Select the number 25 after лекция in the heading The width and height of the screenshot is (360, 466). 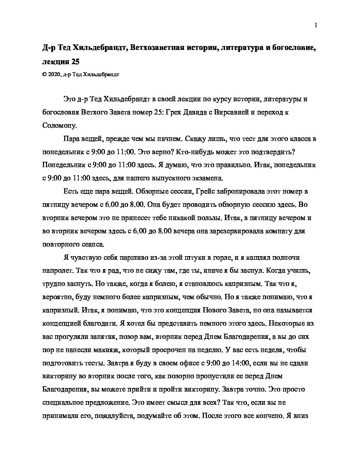pos(75,62)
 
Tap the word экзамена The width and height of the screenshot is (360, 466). pos(208,178)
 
